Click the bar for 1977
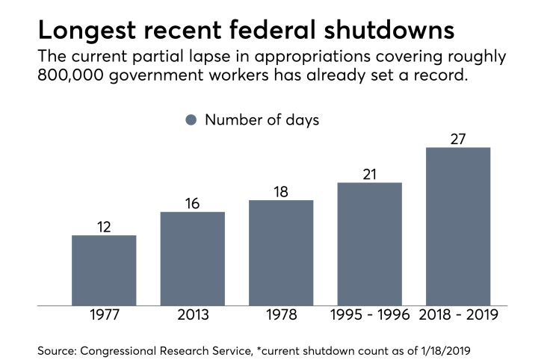point(104,270)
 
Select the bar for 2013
point(192,258)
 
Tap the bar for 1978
point(281,252)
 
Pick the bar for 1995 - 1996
point(369,244)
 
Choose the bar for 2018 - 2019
point(458,226)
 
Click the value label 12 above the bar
point(104,226)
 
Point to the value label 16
point(192,203)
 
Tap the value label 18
point(281,191)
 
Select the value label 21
point(369,174)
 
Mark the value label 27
point(458,138)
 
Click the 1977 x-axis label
point(104,316)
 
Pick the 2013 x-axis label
point(192,316)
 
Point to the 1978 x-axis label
point(281,316)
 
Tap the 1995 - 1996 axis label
point(369,316)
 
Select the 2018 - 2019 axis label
point(458,316)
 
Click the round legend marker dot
point(191,120)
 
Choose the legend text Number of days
point(262,120)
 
